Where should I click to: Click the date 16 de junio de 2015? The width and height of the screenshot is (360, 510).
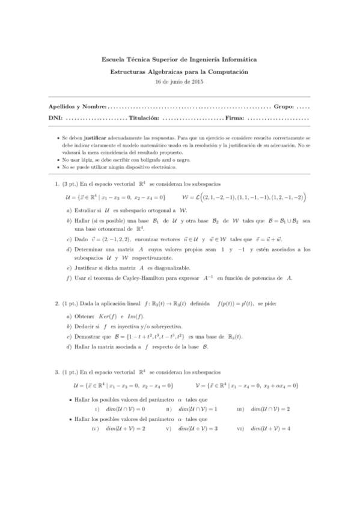[x=180, y=81]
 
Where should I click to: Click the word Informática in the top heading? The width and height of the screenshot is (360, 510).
[x=234, y=60]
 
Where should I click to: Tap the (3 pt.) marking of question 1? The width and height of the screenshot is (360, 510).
[x=70, y=185]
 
